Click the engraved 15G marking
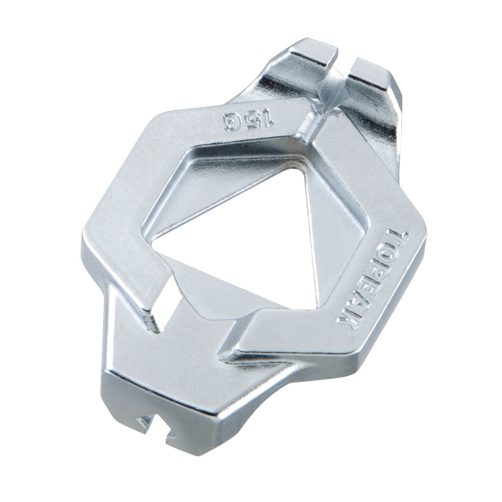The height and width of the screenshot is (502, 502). tap(249, 121)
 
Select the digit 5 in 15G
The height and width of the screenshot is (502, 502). tap(251, 121)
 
